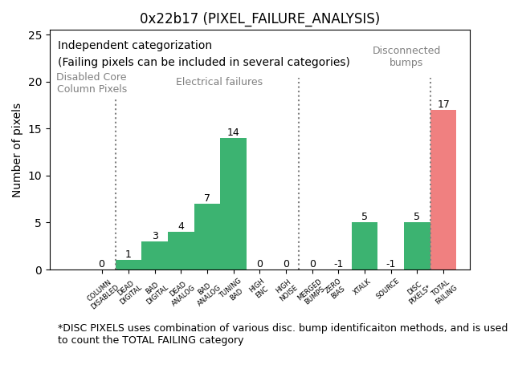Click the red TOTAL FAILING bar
[x=443, y=190]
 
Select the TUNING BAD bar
[x=233, y=204]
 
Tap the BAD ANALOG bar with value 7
[x=207, y=237]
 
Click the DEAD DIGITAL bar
[x=128, y=265]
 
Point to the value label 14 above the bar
[x=233, y=132]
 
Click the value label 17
[x=443, y=104]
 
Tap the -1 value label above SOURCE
[x=390, y=264]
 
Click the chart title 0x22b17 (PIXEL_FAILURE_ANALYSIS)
[x=259, y=18]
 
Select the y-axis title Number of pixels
[x=17, y=150]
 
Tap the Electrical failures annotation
[x=219, y=82]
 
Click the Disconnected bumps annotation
[x=406, y=57]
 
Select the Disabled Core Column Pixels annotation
[x=92, y=83]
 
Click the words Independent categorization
[x=135, y=46]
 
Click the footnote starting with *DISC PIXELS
[x=282, y=334]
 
